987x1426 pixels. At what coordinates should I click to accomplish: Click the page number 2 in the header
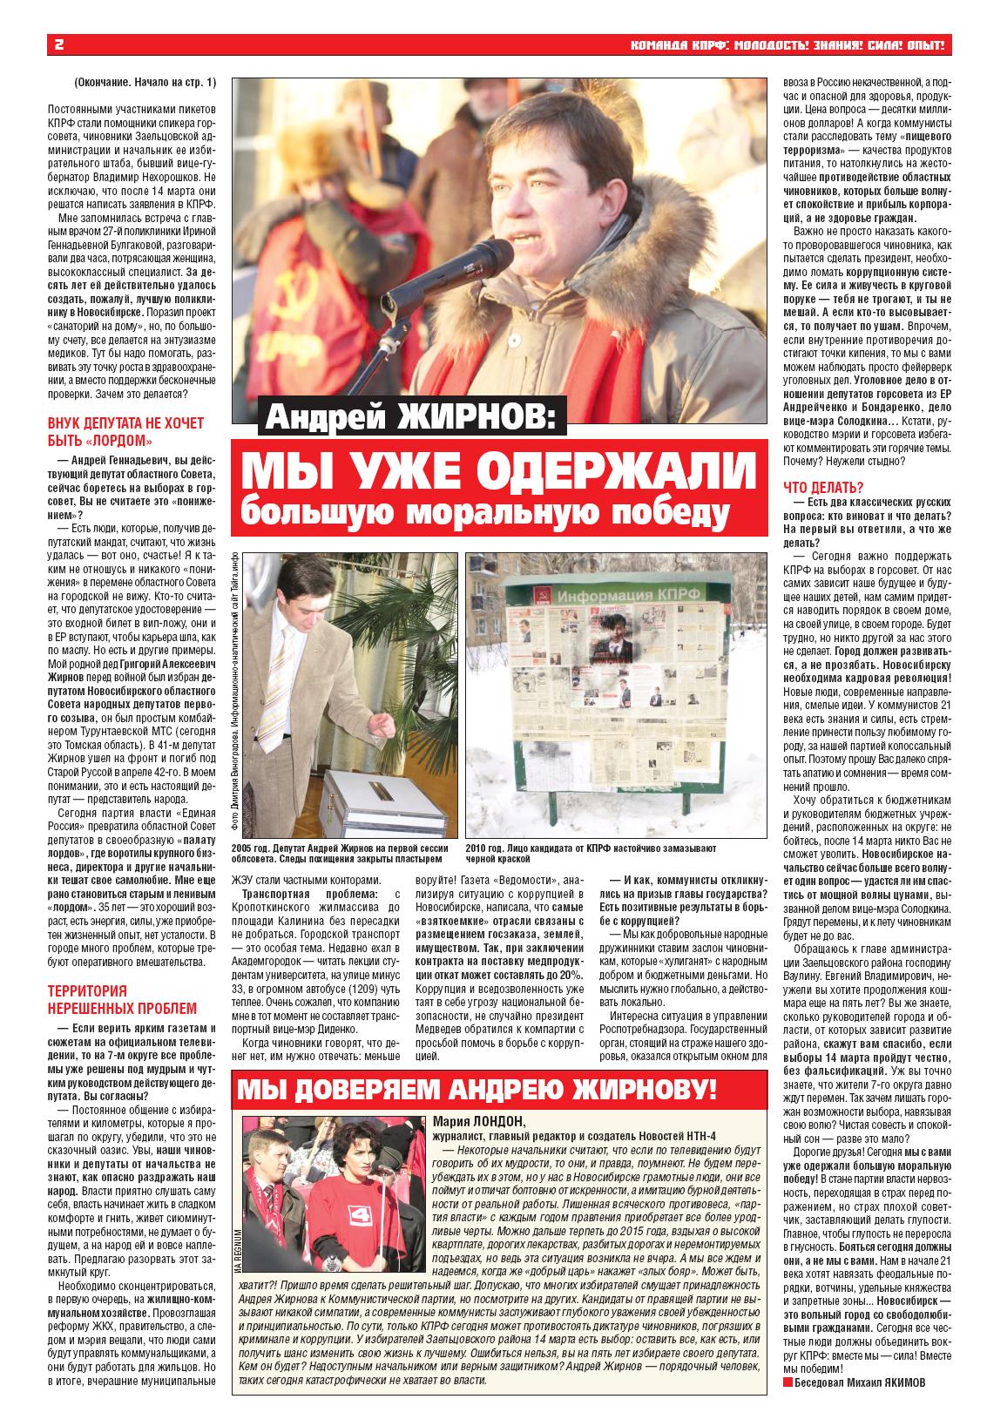coord(59,45)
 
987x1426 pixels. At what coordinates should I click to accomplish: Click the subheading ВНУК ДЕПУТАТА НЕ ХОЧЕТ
coord(125,423)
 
